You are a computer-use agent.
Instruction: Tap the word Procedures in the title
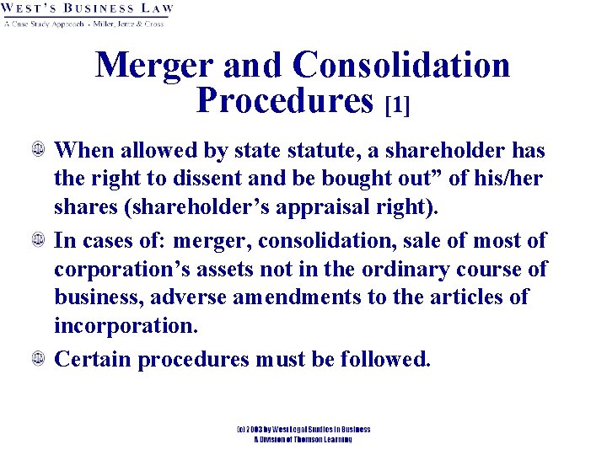coord(284,100)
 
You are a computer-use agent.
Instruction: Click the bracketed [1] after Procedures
coord(396,104)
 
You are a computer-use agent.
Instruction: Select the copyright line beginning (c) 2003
coord(303,430)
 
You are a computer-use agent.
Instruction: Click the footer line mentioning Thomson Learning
coord(303,439)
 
